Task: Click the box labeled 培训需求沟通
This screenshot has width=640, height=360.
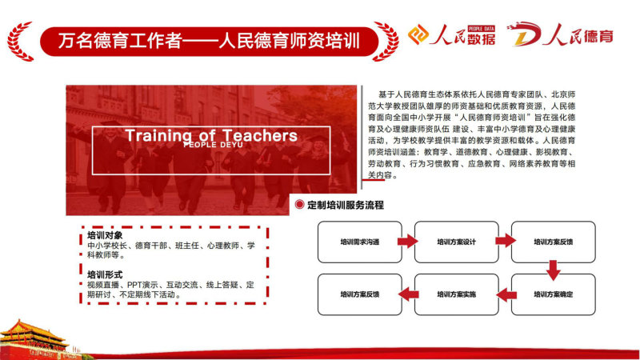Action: (359, 242)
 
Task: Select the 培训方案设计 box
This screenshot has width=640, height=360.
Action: (456, 242)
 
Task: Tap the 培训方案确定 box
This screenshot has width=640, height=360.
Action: (553, 294)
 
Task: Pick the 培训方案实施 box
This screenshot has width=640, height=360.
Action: (456, 294)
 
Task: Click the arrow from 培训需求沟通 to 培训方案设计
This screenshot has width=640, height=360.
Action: (408, 242)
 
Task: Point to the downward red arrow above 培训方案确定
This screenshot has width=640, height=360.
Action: (553, 270)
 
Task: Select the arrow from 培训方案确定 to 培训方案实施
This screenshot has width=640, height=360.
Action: (506, 294)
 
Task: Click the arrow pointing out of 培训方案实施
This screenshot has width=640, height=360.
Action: (408, 294)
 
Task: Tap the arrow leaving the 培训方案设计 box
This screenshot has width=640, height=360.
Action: (506, 241)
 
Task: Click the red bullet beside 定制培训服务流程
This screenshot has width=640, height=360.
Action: (299, 205)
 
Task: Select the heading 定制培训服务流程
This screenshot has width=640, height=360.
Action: (346, 205)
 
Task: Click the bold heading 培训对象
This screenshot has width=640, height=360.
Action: (105, 235)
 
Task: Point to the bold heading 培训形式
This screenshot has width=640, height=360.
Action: (105, 274)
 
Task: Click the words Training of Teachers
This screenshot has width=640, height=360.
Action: (211, 135)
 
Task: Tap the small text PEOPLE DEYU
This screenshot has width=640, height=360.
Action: (213, 145)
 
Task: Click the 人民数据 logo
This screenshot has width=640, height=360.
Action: (452, 34)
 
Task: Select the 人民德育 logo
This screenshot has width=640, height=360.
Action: (560, 34)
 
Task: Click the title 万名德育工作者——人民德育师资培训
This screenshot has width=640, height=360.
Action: (209, 42)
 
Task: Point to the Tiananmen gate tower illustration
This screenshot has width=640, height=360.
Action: (34, 339)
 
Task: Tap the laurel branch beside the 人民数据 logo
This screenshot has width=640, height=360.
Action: (386, 42)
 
